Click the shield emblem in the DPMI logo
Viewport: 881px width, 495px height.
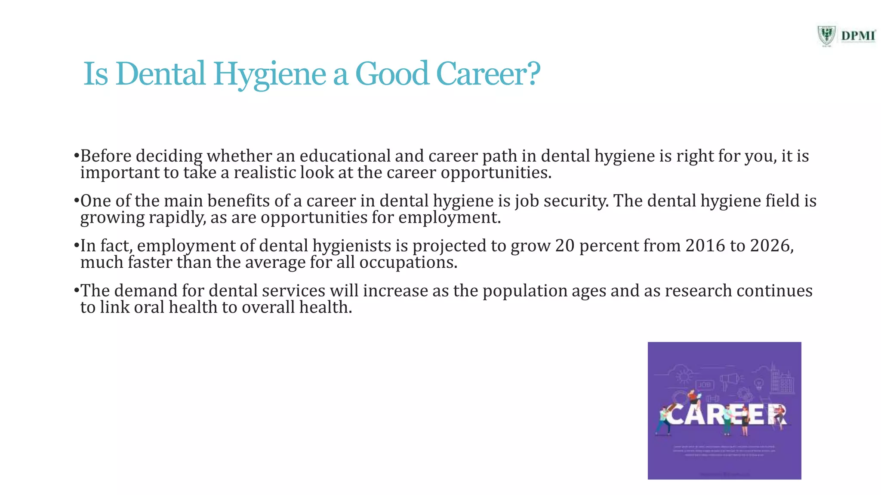pos(826,35)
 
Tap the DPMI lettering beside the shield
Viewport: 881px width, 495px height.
pos(858,36)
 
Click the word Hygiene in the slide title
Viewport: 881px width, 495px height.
pos(270,74)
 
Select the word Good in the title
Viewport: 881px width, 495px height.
pos(392,74)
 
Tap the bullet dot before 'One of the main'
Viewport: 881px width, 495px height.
pos(76,201)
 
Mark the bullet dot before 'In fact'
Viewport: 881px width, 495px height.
pos(76,246)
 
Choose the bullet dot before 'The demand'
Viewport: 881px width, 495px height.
pos(76,290)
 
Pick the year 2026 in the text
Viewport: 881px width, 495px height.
pos(770,246)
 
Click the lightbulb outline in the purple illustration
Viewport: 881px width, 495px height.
pos(759,382)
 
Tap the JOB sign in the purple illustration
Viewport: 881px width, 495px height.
pos(704,385)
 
